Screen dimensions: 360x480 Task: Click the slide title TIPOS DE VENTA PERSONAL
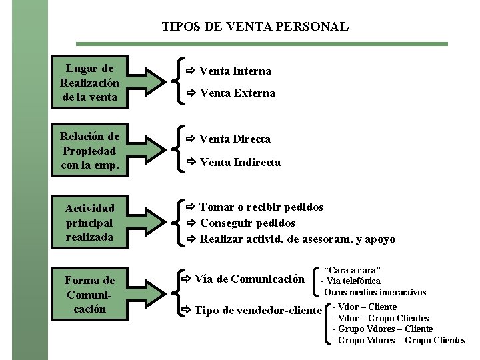(x=255, y=27)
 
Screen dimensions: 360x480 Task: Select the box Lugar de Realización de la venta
(x=89, y=83)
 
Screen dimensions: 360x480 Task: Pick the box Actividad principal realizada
(x=89, y=223)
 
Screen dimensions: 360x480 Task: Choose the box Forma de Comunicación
(x=89, y=295)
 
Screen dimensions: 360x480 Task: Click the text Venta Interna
(x=235, y=71)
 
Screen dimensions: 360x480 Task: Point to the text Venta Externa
(x=237, y=93)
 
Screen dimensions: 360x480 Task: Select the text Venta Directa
(x=235, y=139)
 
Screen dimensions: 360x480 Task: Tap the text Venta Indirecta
(x=240, y=162)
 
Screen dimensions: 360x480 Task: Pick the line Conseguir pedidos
(x=247, y=223)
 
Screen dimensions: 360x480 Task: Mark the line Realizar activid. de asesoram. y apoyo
(x=297, y=239)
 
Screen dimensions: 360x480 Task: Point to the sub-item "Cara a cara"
(x=351, y=270)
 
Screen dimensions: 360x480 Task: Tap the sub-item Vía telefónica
(x=351, y=281)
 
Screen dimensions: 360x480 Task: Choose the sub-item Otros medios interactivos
(x=373, y=292)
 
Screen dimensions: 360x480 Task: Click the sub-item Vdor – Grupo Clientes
(x=381, y=318)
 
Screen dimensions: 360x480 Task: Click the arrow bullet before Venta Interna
(x=190, y=71)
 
